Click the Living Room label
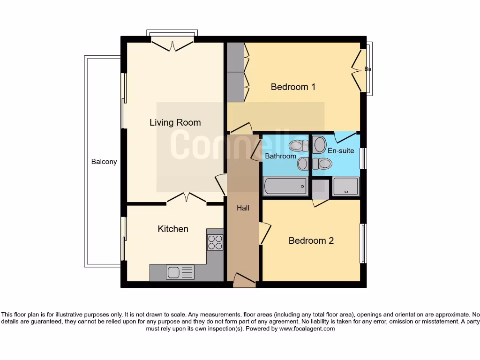[175, 123]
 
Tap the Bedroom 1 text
[293, 87]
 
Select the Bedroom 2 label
[311, 240]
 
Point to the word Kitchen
[173, 229]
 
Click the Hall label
[243, 208]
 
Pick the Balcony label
[104, 162]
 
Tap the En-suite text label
[341, 151]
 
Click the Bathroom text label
[280, 156]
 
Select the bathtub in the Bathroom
[285, 187]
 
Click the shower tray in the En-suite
[346, 187]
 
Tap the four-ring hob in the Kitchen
[215, 242]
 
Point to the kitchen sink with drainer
[180, 272]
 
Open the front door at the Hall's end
[244, 281]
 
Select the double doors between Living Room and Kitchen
[187, 199]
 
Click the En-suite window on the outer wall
[363, 158]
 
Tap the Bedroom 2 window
[363, 243]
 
